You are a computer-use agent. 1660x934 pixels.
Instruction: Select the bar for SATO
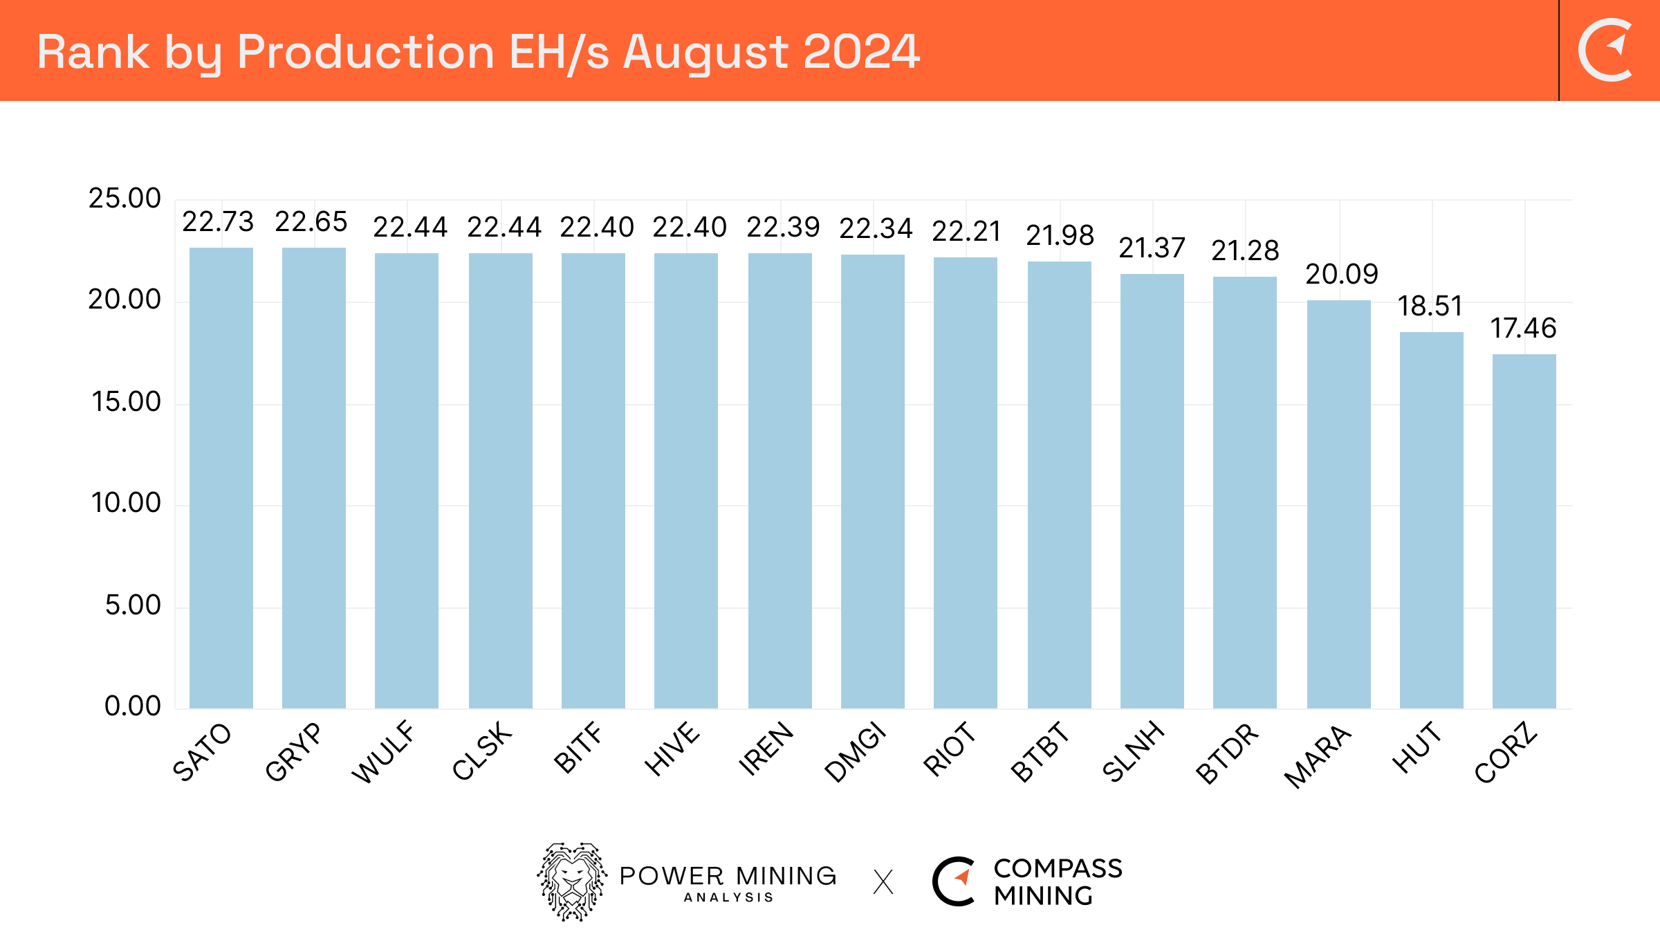[221, 477]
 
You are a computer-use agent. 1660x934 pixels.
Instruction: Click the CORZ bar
[1524, 531]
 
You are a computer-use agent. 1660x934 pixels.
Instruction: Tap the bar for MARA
[1338, 504]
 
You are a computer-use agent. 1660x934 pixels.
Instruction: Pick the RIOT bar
[966, 483]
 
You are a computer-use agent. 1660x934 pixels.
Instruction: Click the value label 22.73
[218, 222]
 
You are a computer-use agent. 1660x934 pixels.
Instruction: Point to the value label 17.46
[1523, 328]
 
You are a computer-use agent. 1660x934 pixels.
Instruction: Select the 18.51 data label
[1430, 306]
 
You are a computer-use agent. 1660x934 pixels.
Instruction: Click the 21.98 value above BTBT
[1060, 235]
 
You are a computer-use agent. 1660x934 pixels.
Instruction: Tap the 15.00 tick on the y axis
[126, 402]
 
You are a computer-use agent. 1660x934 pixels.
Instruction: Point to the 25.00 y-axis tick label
[124, 199]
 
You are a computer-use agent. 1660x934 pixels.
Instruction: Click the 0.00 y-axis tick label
[132, 706]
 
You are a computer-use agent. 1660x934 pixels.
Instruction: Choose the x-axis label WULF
[384, 752]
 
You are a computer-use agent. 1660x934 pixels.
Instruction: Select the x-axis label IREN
[766, 749]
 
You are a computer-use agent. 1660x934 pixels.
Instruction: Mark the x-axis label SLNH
[1133, 751]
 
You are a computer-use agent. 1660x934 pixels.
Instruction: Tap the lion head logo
[572, 881]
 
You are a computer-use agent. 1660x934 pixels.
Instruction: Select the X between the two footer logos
[883, 882]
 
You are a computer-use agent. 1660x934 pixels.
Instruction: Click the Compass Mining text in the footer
[1057, 882]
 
